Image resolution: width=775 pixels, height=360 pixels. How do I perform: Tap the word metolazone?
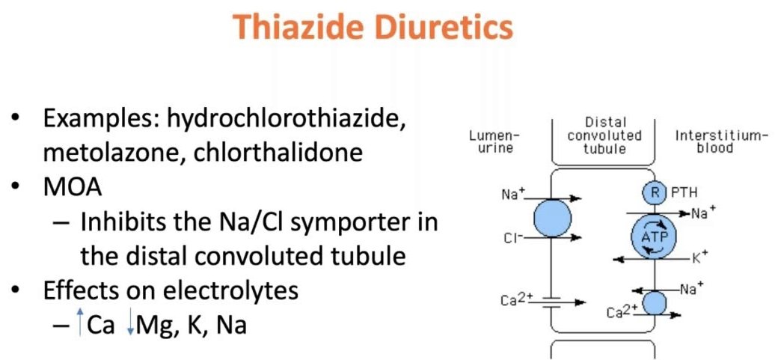tap(108, 153)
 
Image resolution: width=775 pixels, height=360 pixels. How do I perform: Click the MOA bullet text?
tap(72, 186)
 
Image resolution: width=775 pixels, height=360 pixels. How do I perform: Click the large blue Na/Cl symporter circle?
tap(552, 219)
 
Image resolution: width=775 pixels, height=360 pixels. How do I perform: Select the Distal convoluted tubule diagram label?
tap(604, 135)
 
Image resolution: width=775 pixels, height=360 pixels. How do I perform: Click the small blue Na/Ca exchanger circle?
tap(655, 304)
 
